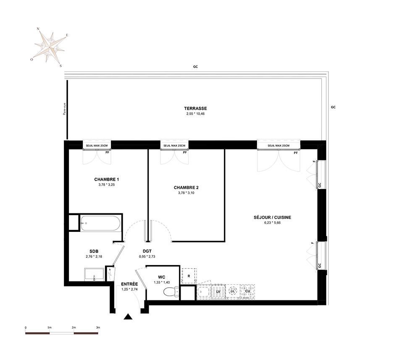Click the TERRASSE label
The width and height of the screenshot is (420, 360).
(x=195, y=108)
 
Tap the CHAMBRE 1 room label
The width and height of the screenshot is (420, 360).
(x=106, y=179)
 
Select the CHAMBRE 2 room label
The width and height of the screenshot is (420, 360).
(x=186, y=187)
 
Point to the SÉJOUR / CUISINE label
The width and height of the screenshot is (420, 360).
(x=273, y=217)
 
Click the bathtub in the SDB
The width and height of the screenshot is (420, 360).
(x=100, y=223)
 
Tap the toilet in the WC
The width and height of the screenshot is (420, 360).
(x=171, y=291)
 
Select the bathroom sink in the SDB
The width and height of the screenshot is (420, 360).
(x=94, y=274)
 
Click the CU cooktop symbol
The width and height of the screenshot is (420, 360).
(x=247, y=292)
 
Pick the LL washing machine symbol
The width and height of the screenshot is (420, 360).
(x=233, y=291)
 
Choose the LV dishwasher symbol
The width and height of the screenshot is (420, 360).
(x=218, y=292)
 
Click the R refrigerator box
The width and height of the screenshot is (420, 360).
(x=189, y=276)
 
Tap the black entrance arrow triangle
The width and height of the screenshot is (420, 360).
(x=128, y=317)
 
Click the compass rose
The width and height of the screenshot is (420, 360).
(x=50, y=47)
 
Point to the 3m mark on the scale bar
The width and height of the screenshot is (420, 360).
(x=98, y=327)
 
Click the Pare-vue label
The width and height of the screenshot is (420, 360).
(x=64, y=109)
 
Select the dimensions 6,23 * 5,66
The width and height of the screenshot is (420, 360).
(x=273, y=223)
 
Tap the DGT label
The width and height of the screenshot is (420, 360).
(x=147, y=251)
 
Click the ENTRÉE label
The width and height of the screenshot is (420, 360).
(x=129, y=284)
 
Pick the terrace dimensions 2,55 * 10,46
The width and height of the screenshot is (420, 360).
(x=196, y=113)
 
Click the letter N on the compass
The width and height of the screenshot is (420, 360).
(x=38, y=29)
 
